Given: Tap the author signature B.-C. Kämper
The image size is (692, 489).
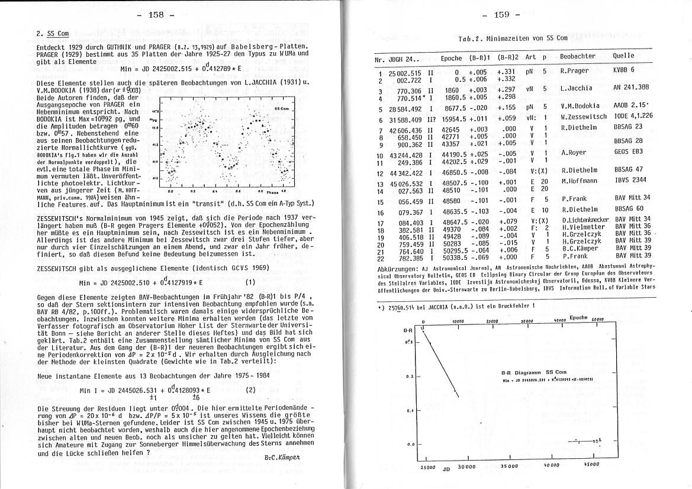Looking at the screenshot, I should [x=284, y=458].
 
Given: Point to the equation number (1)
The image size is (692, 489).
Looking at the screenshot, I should [x=250, y=282].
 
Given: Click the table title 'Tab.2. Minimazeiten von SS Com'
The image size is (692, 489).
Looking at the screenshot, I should [x=513, y=38].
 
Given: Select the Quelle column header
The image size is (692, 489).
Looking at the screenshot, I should [x=623, y=56].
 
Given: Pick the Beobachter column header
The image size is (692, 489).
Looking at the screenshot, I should [x=577, y=56].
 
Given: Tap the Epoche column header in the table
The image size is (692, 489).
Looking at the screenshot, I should [x=451, y=58].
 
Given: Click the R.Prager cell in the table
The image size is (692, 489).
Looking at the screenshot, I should [x=575, y=71].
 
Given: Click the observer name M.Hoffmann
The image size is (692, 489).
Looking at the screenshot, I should [x=580, y=181].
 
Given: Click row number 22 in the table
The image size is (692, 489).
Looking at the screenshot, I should [x=381, y=257].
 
